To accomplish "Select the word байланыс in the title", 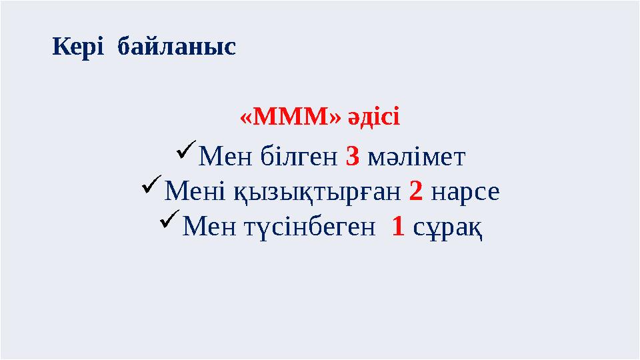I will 176,47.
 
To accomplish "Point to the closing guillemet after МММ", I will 334,119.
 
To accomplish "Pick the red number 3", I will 353,157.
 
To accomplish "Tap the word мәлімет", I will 416,158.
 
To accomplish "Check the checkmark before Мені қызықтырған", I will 151,189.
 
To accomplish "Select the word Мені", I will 191,193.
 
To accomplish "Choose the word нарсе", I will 465,193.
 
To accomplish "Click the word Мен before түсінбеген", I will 206,228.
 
